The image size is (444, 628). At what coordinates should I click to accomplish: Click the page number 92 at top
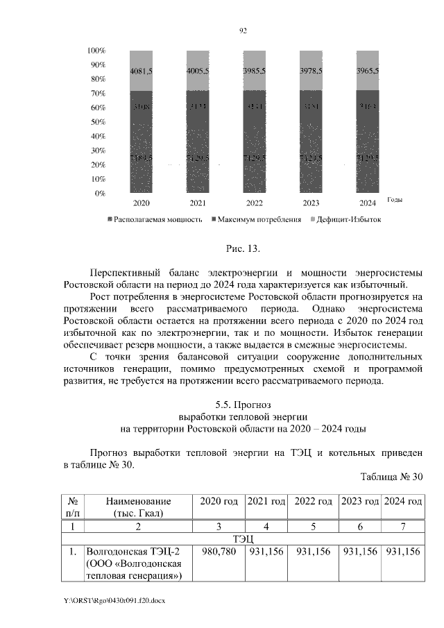(243, 31)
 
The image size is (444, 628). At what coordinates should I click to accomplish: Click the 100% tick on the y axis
(96, 51)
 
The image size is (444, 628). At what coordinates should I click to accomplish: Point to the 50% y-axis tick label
(98, 122)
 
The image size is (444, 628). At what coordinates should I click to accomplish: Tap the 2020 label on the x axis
(141, 203)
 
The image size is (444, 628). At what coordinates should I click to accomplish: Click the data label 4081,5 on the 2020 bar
(141, 71)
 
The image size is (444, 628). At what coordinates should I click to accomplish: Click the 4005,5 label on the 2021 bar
(198, 71)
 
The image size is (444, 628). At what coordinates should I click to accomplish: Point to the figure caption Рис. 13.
(242, 248)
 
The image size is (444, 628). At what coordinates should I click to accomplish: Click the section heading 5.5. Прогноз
(242, 405)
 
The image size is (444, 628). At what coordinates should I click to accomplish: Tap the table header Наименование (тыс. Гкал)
(138, 507)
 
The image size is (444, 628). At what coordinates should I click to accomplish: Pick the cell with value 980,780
(219, 551)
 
